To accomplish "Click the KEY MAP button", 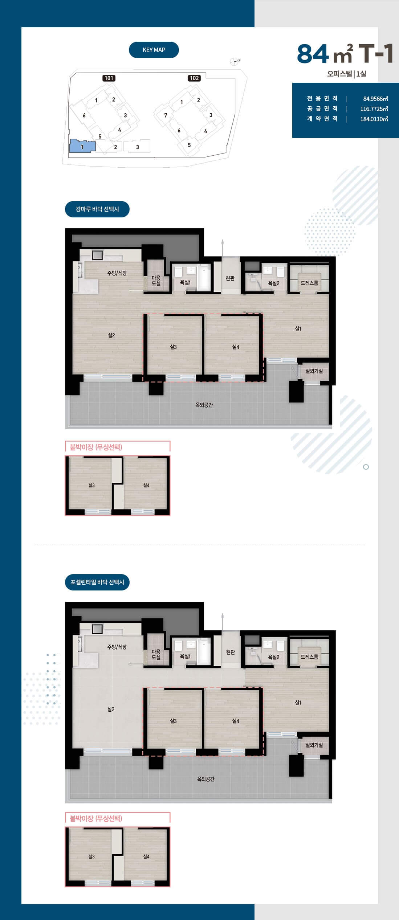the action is tap(154, 50).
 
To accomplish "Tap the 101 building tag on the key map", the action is tap(109, 78).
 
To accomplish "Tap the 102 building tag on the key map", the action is tap(194, 78).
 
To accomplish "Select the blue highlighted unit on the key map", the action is tap(82, 146).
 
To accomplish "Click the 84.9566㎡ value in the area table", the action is tap(375, 98).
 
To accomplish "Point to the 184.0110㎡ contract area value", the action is tap(374, 119).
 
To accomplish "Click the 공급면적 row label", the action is tap(322, 109).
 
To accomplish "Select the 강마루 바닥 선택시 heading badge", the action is tap(97, 209).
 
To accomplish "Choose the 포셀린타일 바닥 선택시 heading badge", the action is tap(97, 582).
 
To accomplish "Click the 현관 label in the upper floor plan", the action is tap(230, 278).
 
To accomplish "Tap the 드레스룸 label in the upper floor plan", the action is tap(309, 283).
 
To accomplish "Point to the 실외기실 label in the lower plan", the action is tap(314, 745).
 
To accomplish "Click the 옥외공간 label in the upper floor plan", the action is tap(204, 405).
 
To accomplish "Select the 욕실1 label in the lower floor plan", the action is tap(185, 656).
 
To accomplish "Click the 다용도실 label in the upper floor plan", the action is tap(156, 281).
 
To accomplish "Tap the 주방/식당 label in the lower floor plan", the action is tap(117, 647).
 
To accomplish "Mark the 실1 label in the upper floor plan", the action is tap(298, 329).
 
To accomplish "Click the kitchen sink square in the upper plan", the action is tap(97, 255).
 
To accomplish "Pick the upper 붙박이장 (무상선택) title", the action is tap(96, 447).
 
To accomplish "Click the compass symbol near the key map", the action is tap(235, 61).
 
